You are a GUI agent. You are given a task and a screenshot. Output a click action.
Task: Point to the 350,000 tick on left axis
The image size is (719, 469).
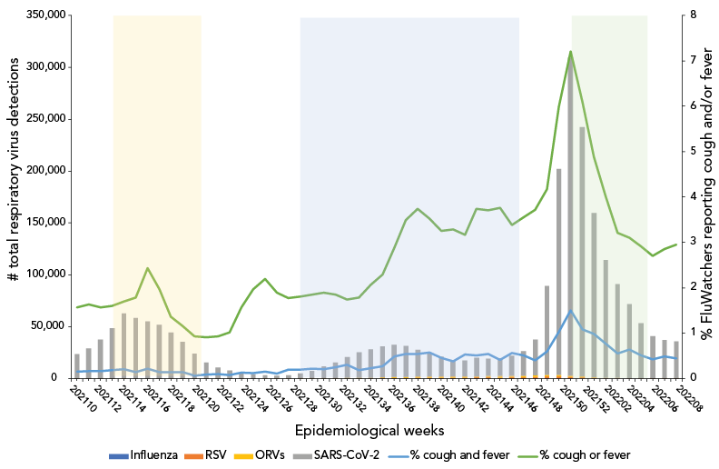[39, 15]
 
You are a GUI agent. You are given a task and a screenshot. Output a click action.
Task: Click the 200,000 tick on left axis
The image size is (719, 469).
[39, 170]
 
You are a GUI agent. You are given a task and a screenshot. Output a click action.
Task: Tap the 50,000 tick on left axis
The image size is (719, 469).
[43, 325]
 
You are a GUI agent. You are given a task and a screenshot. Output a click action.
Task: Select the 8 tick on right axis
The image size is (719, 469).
[693, 15]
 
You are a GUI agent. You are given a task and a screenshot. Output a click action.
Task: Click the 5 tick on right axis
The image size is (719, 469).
[693, 151]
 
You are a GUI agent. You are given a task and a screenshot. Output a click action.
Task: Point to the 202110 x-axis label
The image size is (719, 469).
[84, 400]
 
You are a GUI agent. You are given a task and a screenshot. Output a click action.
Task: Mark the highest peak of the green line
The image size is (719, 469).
[570, 52]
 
